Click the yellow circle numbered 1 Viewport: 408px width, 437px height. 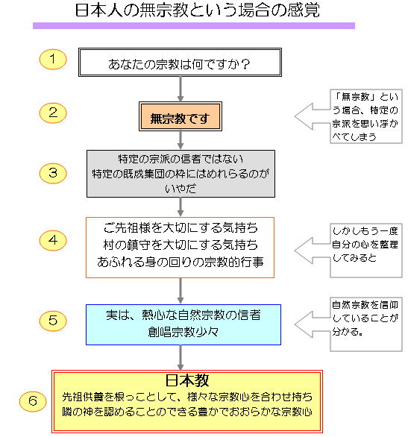(x=52, y=60)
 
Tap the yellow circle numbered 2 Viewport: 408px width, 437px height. (x=52, y=113)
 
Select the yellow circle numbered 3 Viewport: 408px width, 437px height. (x=52, y=173)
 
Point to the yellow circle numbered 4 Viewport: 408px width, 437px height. (x=52, y=240)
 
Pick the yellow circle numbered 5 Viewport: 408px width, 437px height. (x=52, y=321)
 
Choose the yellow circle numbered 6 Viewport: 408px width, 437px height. (x=33, y=401)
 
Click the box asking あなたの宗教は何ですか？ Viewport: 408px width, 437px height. (x=180, y=62)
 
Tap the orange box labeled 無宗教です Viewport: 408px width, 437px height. (x=181, y=116)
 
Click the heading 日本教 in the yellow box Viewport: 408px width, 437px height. (x=187, y=380)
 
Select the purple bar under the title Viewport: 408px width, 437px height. (x=194, y=25)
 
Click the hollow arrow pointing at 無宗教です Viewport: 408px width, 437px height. (x=313, y=116)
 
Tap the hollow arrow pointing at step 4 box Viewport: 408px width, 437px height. (x=313, y=251)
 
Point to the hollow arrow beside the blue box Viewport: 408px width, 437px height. (x=313, y=324)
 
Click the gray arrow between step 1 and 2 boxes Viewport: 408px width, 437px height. (x=181, y=89)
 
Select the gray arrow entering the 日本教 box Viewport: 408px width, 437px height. (x=181, y=357)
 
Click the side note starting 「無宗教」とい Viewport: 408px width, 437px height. (x=366, y=116)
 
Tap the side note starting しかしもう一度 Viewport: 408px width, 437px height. (x=366, y=251)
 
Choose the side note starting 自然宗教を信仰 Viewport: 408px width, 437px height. (x=366, y=324)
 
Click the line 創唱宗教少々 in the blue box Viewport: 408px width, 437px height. (x=183, y=332)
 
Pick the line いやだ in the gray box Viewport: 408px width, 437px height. (x=181, y=189)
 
